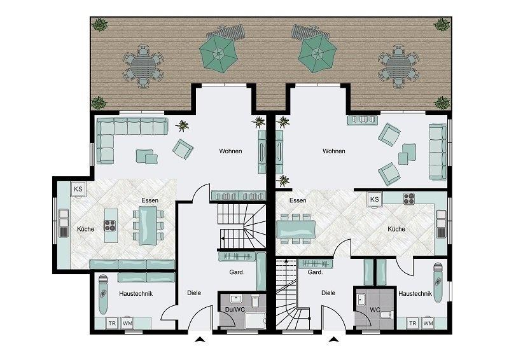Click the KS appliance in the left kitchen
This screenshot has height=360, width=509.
[78, 190]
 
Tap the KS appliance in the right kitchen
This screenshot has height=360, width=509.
[375, 199]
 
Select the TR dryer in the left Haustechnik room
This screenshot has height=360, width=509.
[113, 323]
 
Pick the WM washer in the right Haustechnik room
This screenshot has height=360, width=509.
[428, 323]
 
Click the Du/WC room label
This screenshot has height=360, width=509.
[235, 310]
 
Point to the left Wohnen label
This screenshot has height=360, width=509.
[230, 151]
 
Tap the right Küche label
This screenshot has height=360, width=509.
[396, 229]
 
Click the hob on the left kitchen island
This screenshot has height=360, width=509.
[109, 226]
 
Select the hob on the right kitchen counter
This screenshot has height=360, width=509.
[409, 198]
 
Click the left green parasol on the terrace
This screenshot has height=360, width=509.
[218, 53]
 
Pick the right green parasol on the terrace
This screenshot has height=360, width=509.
[317, 53]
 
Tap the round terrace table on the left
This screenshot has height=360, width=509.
[143, 66]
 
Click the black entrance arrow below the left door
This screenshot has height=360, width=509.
[200, 340]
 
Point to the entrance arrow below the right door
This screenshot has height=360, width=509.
[333, 340]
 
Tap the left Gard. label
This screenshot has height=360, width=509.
[237, 272]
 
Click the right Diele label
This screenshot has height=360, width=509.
[328, 293]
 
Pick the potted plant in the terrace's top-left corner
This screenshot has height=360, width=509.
[99, 25]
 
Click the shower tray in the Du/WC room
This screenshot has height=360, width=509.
[256, 321]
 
